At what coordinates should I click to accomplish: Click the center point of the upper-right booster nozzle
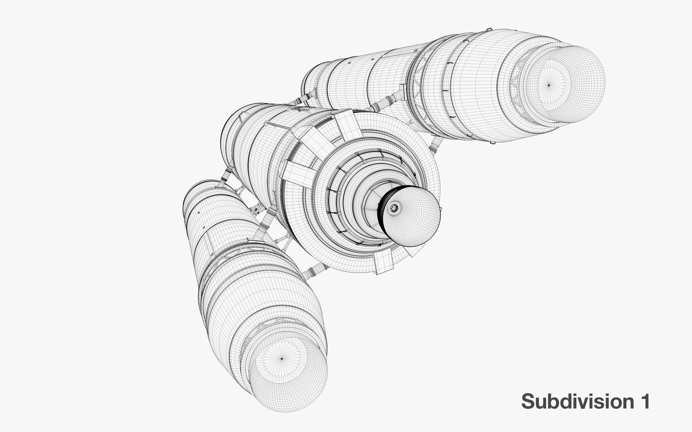[x=548, y=85]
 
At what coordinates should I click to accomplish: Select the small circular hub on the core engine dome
[x=394, y=208]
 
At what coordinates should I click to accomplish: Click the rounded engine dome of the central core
[x=410, y=216]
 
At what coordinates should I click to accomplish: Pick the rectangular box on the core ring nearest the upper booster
[x=347, y=125]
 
